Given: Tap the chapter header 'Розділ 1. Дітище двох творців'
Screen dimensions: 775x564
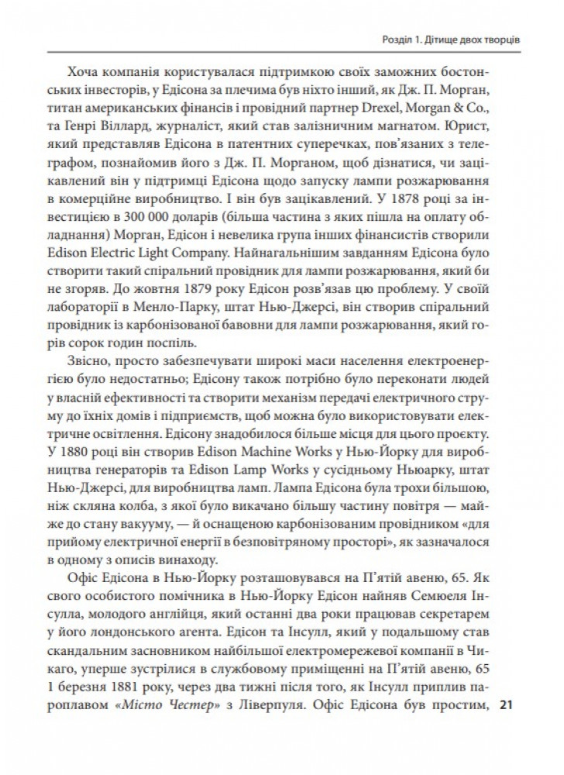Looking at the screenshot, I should coord(452,40).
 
